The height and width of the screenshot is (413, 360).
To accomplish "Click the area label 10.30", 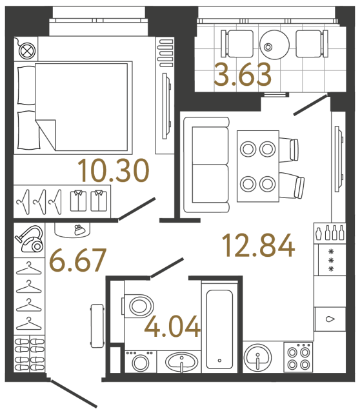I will coord(114,170).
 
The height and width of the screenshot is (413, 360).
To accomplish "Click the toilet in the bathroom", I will coord(137,303).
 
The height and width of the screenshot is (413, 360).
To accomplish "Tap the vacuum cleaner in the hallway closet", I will coord(29,239).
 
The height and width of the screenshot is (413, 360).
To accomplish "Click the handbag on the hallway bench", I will coord(77,229).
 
